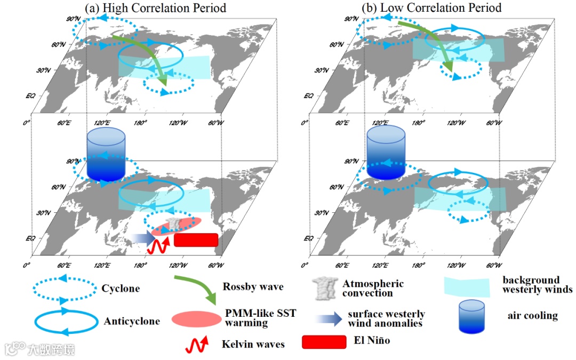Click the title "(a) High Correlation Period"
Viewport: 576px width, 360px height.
(x=155, y=8)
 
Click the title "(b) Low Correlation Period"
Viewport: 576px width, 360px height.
(x=431, y=8)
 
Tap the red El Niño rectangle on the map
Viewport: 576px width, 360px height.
(x=196, y=240)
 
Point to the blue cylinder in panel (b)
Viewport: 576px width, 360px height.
(x=387, y=152)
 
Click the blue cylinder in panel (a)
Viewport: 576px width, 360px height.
(x=106, y=155)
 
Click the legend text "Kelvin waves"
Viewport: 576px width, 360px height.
(x=253, y=344)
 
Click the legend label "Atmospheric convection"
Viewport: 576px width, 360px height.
(x=373, y=289)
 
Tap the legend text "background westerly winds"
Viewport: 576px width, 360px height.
(x=537, y=285)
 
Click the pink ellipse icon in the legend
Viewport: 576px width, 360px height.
(x=196, y=318)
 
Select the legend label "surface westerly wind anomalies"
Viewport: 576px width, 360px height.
(x=386, y=318)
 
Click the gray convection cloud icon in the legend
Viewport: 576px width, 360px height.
(x=325, y=289)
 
